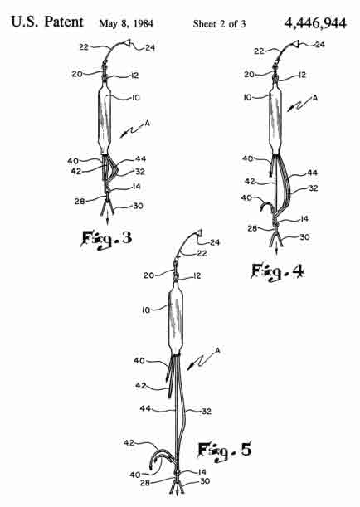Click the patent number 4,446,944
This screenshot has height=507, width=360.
(x=315, y=23)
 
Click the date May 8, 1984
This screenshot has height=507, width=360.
(x=126, y=23)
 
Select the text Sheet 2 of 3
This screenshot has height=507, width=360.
(x=219, y=23)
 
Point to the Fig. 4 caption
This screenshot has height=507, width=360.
(x=278, y=271)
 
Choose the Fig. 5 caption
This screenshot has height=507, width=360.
(x=225, y=451)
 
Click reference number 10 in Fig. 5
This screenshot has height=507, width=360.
(x=146, y=310)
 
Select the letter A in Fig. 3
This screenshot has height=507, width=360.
(x=148, y=123)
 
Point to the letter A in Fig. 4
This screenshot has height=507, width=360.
(x=314, y=98)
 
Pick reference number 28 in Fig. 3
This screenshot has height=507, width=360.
(x=80, y=202)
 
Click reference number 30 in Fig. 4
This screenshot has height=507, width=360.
(x=304, y=237)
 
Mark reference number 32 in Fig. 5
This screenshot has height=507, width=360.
(x=207, y=412)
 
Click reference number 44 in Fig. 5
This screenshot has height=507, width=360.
(x=145, y=409)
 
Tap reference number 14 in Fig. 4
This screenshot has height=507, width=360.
(x=304, y=219)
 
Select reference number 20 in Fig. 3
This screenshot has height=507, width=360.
(x=77, y=74)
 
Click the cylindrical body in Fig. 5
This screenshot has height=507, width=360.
(x=176, y=318)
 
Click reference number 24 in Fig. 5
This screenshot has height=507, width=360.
(x=215, y=242)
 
